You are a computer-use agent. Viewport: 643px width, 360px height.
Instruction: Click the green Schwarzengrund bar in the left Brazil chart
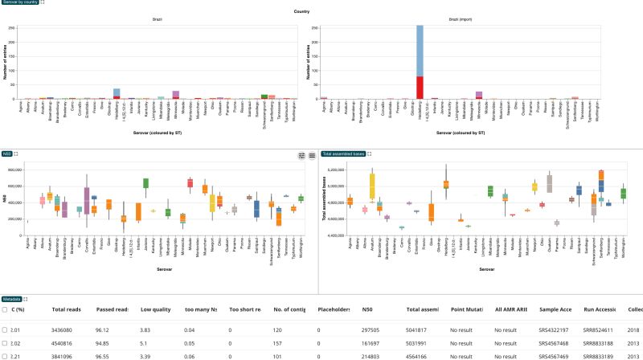click(x=264, y=96)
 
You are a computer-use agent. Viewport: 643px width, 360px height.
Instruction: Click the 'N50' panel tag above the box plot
click(x=7, y=153)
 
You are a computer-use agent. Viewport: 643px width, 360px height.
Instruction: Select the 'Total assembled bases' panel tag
click(x=345, y=153)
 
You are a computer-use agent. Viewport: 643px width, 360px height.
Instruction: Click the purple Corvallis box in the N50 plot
click(x=87, y=197)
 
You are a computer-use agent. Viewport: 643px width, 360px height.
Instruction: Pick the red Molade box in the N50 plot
click(x=190, y=182)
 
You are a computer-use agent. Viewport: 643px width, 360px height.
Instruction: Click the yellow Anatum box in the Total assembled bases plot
click(x=372, y=186)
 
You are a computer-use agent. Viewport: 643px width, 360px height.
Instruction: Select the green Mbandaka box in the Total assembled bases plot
click(x=489, y=190)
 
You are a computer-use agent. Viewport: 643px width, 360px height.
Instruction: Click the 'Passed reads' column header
click(x=113, y=308)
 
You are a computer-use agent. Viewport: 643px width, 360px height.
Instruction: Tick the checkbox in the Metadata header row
click(x=6, y=309)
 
